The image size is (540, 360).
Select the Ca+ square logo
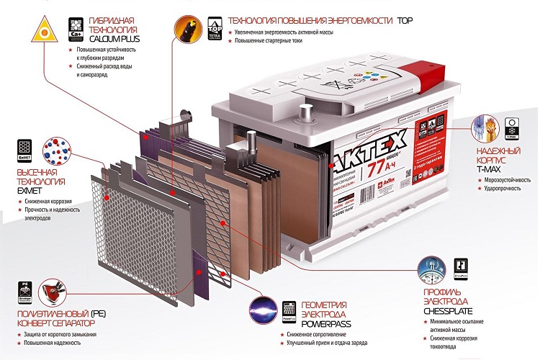(74, 30)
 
